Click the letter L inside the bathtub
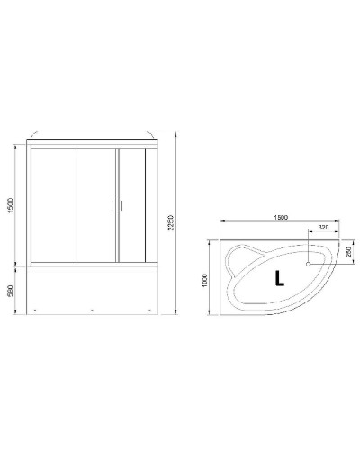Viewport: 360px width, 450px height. pyautogui.click(x=279, y=277)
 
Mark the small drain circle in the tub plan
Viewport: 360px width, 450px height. pyautogui.click(x=309, y=265)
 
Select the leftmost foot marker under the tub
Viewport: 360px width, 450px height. pyautogui.click(x=35, y=310)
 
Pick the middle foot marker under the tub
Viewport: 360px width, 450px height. pyautogui.click(x=92, y=310)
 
